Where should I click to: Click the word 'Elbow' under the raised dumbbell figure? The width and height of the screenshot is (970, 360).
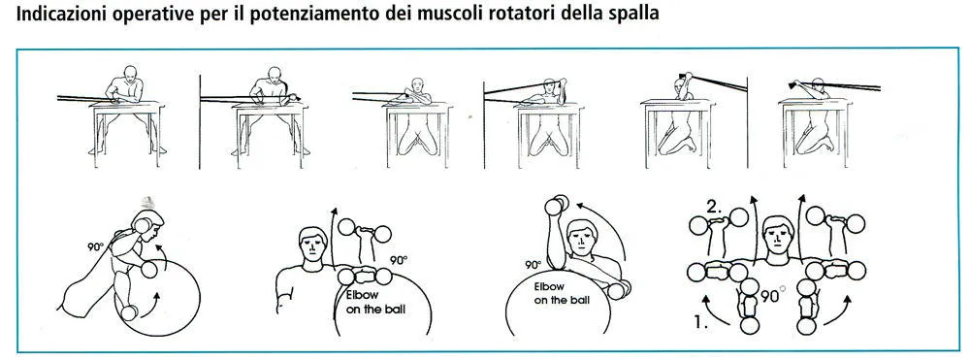click(x=546, y=287)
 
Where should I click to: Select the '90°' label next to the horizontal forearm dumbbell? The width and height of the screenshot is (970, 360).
click(x=399, y=260)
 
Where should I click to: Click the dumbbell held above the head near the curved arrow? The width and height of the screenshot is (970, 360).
click(x=556, y=206)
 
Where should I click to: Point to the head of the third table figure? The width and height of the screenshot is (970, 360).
click(x=417, y=82)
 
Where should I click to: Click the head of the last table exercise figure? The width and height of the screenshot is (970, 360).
click(x=817, y=82)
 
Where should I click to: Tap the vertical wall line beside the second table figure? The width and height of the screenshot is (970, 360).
click(x=200, y=121)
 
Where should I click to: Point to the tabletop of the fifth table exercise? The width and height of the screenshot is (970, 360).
click(x=677, y=102)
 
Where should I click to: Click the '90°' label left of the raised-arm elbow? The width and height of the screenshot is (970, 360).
click(x=533, y=264)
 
